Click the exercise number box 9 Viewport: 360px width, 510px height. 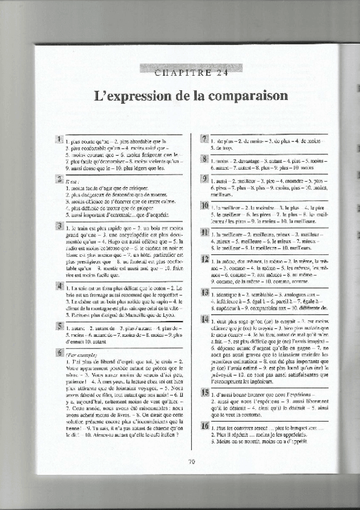(x=204, y=179)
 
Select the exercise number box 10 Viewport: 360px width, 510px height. (x=204, y=206)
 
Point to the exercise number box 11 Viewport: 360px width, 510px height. (x=204, y=233)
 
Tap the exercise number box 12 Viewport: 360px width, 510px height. (x=204, y=259)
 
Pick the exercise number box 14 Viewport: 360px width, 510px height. (x=204, y=318)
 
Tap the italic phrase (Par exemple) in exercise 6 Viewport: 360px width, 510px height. (x=81, y=355)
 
